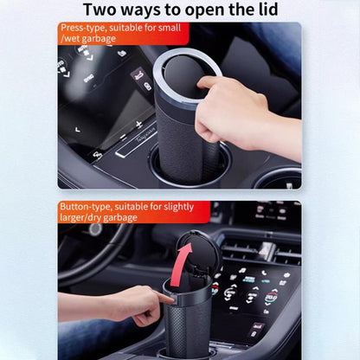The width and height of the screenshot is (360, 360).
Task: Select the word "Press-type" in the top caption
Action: (x=83, y=28)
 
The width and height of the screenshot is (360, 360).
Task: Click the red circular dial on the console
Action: (x=270, y=299)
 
